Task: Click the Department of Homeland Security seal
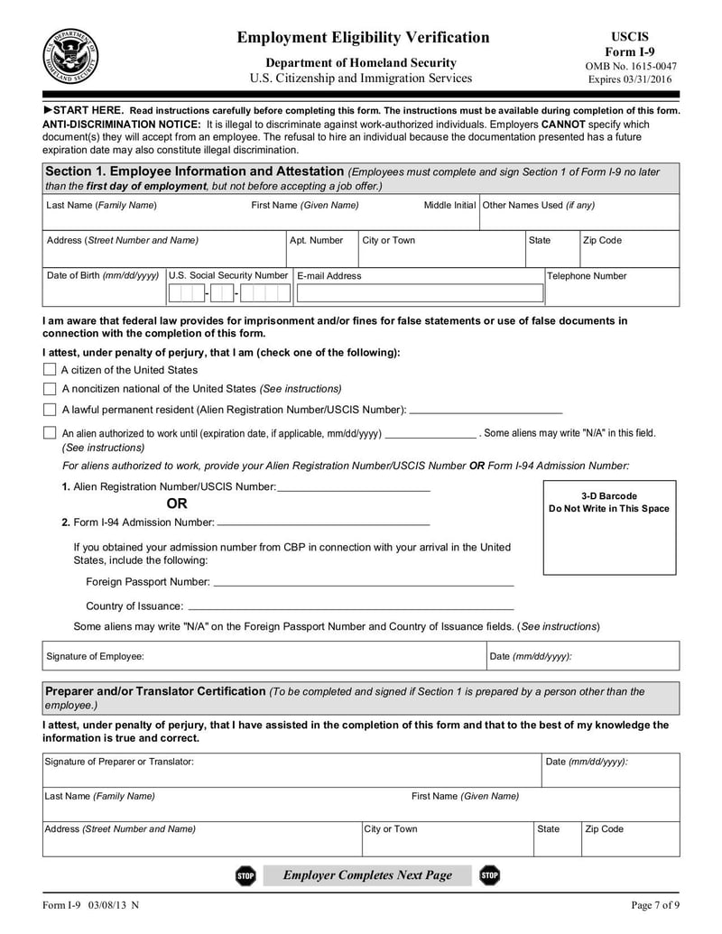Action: pyautogui.click(x=70, y=56)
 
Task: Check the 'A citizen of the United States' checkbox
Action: pyautogui.click(x=50, y=369)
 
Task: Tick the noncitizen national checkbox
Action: pyautogui.click(x=50, y=388)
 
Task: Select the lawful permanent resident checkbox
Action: pyautogui.click(x=50, y=409)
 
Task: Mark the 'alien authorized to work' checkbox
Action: pyautogui.click(x=50, y=432)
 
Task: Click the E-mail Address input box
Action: pyautogui.click(x=420, y=293)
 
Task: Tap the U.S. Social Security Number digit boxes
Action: pyautogui.click(x=229, y=293)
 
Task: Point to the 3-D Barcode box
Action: pyautogui.click(x=609, y=527)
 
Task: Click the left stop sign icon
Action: pyautogui.click(x=245, y=875)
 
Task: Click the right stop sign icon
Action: pyautogui.click(x=489, y=875)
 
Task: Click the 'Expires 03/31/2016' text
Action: pyautogui.click(x=630, y=79)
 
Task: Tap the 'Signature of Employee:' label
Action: pyautogui.click(x=95, y=656)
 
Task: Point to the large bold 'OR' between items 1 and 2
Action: pyautogui.click(x=177, y=504)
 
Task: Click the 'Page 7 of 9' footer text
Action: pyautogui.click(x=654, y=905)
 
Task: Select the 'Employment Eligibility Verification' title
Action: pyautogui.click(x=363, y=37)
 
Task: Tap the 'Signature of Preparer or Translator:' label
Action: pyautogui.click(x=119, y=762)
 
